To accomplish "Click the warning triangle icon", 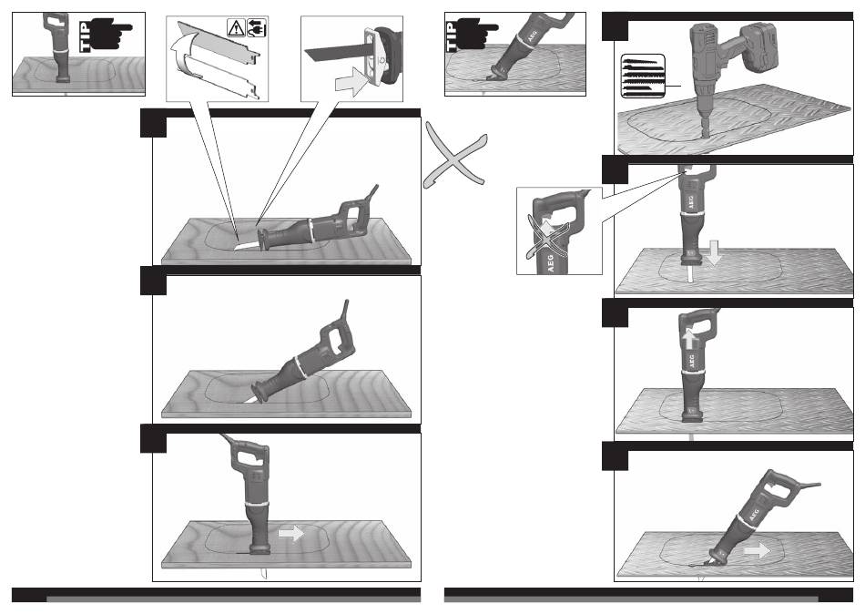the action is [236, 27].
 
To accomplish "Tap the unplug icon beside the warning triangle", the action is [257, 27].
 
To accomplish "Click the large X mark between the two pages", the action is [455, 157].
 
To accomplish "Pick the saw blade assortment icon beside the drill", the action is [643, 77].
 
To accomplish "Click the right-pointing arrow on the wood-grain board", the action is [290, 533].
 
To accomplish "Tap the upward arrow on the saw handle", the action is [688, 339].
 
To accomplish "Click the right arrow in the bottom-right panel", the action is [757, 550].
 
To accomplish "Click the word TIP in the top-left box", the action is [85, 37].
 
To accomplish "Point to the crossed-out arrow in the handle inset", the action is [546, 234].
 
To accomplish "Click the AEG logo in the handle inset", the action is [551, 263].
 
